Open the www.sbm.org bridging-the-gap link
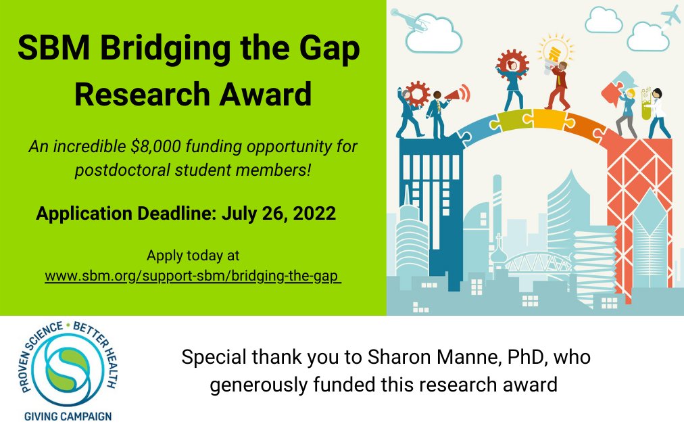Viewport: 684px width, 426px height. (x=193, y=277)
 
